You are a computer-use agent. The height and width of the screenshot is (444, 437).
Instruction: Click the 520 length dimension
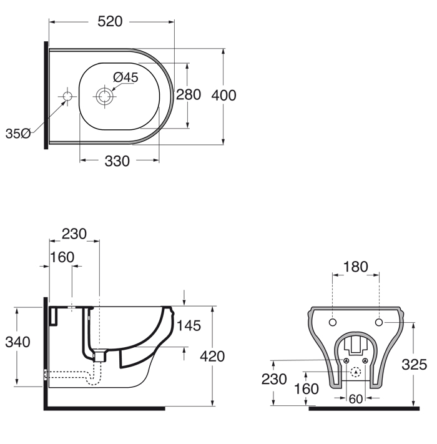(110, 21)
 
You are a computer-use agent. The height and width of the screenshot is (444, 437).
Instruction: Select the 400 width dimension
(223, 95)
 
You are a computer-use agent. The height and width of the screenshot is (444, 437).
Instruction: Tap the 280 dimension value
(189, 94)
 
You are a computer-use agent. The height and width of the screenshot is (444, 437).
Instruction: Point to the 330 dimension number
(117, 161)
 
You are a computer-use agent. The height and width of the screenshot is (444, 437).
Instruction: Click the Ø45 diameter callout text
(125, 77)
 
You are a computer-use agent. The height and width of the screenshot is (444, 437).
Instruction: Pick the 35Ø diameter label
(18, 134)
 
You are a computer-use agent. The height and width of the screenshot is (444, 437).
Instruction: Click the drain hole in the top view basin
(104, 96)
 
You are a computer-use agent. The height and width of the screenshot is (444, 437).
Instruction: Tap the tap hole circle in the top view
(67, 96)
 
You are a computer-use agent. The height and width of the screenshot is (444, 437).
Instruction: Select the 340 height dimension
(17, 342)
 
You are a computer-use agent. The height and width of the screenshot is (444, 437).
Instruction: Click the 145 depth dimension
(189, 325)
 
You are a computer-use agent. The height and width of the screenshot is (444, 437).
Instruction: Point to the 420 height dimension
(212, 356)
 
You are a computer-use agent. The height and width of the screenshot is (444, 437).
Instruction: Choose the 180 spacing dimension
(355, 267)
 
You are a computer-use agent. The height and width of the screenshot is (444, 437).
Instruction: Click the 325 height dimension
(415, 365)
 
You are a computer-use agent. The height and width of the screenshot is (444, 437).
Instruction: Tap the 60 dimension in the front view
(356, 399)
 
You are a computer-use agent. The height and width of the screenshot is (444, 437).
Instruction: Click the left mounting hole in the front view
(333, 322)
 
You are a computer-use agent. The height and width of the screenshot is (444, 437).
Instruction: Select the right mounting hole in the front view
(379, 322)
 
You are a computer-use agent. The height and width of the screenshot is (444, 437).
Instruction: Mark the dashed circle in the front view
(356, 372)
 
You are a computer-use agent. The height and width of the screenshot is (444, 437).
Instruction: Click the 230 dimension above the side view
(74, 234)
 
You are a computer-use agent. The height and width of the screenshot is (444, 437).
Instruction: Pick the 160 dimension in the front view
(307, 389)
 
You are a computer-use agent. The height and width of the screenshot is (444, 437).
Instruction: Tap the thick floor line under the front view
(364, 408)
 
